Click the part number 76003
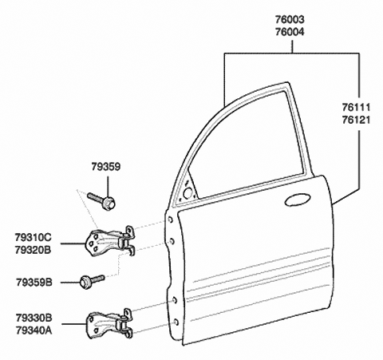290,20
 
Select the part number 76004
290,32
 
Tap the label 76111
356,108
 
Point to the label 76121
356,120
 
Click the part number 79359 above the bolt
106,167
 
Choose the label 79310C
34,237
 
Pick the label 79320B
34,250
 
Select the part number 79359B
34,283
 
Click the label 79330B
34,318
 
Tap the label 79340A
34,330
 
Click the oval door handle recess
298,200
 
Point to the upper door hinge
110,241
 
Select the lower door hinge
109,324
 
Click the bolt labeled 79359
101,201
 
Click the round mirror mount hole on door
188,193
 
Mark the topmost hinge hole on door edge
171,220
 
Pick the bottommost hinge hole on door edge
176,322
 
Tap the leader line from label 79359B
70,283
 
